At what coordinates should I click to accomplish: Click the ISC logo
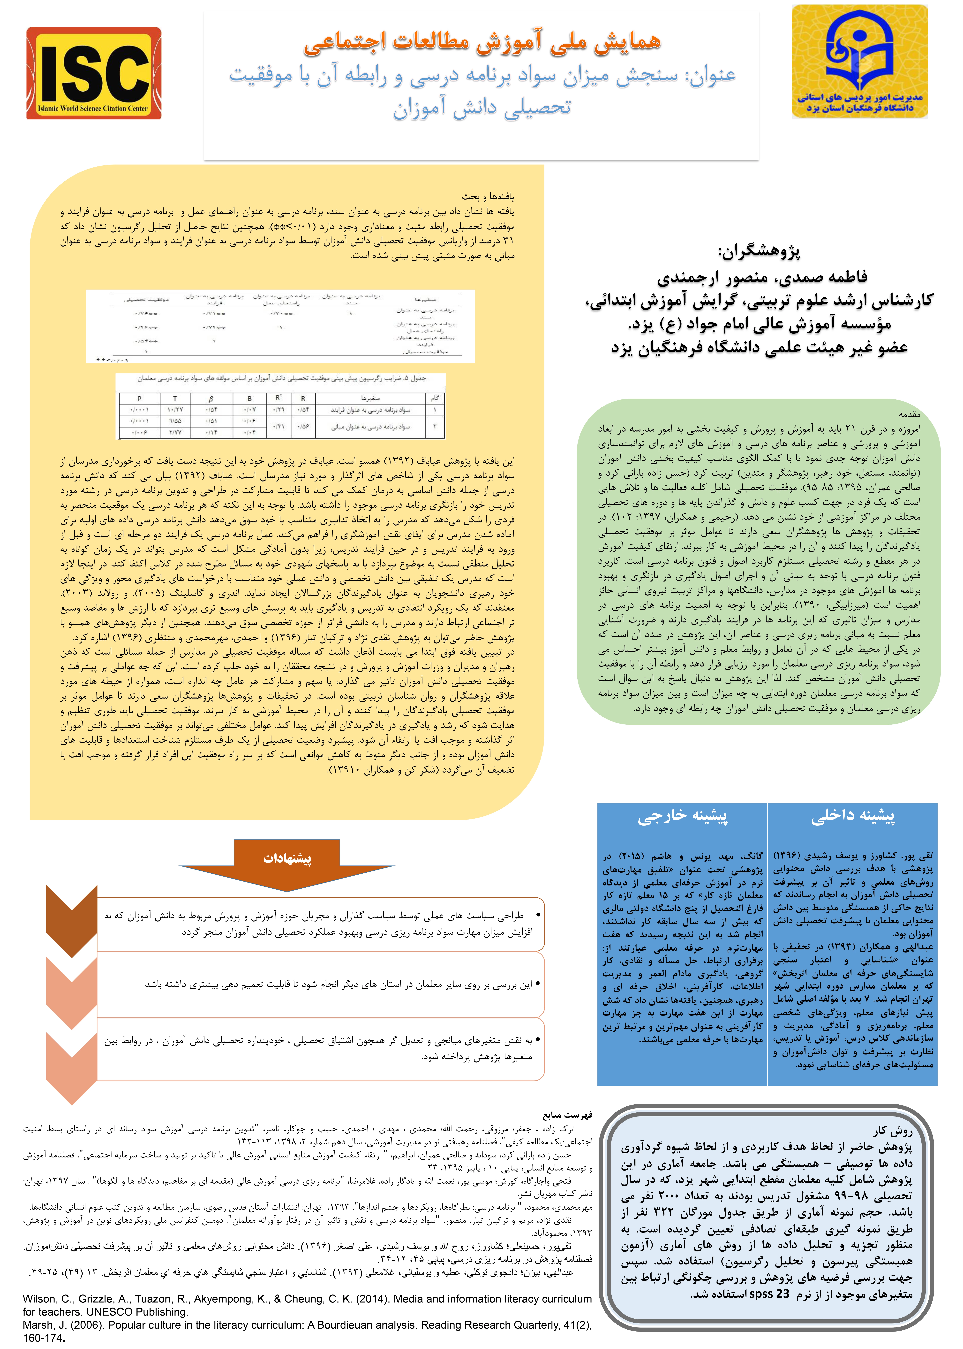click(x=94, y=73)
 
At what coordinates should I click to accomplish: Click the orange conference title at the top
click(x=481, y=43)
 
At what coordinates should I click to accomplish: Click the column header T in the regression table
click(x=175, y=398)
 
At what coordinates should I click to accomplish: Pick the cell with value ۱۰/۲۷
click(x=175, y=409)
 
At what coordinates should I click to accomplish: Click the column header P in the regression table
click(x=139, y=398)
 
